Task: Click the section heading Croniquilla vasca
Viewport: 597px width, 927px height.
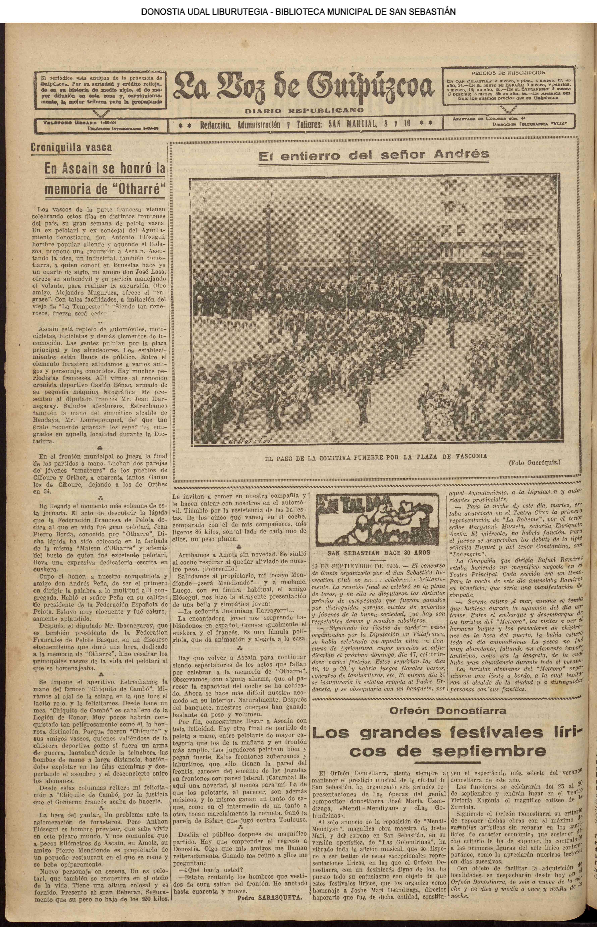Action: tap(71, 147)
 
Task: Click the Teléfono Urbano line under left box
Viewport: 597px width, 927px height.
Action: tap(74, 122)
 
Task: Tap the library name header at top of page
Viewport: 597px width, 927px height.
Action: tap(298, 12)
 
